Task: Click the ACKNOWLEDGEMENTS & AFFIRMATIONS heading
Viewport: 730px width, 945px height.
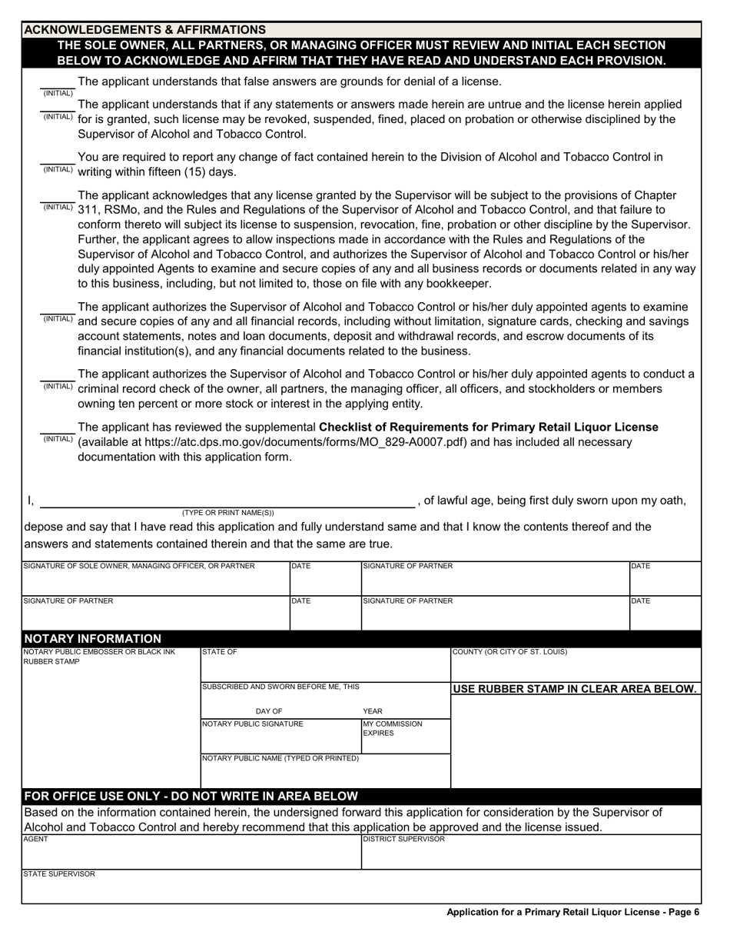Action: (x=145, y=29)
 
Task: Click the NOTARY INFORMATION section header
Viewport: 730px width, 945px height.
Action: (x=93, y=639)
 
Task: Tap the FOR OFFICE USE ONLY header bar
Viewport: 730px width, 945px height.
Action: (x=191, y=796)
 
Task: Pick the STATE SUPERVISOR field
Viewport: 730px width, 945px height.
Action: (x=360, y=889)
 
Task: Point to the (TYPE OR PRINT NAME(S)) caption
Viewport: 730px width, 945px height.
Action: (x=227, y=512)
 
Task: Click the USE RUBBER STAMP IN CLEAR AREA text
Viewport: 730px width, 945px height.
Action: (x=574, y=689)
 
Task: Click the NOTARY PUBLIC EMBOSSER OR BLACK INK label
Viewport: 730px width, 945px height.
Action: (x=99, y=657)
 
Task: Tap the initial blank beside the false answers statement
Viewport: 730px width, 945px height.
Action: (x=58, y=83)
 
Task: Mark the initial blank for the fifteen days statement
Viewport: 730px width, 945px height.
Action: (x=58, y=159)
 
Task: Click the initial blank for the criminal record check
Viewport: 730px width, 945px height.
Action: (x=58, y=376)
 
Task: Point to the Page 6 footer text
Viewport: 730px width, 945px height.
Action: (x=572, y=912)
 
